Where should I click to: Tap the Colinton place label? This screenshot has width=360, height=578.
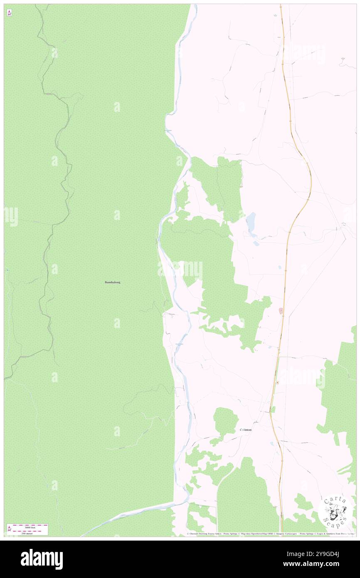click(245, 430)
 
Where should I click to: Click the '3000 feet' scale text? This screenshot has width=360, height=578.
click(30, 527)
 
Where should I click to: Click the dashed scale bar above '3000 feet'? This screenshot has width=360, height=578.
click(30, 525)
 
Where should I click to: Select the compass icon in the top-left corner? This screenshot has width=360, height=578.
click(9, 12)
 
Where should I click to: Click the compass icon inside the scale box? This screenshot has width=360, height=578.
click(9, 529)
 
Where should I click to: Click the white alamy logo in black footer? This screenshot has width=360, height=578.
click(42, 559)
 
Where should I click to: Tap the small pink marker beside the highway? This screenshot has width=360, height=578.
click(281, 311)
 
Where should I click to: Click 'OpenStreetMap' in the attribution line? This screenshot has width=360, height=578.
click(256, 534)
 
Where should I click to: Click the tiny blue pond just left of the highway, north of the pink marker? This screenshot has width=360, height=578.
click(280, 267)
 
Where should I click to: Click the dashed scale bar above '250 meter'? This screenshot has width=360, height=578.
click(30, 531)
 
